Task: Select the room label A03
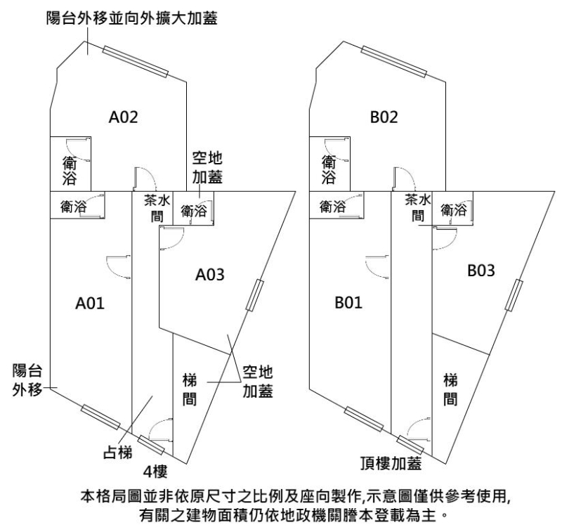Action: [209, 275]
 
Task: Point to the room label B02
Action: [384, 118]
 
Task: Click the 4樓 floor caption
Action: [155, 469]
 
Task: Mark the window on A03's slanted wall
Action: [254, 295]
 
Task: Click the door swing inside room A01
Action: [114, 266]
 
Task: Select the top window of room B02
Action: [393, 62]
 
